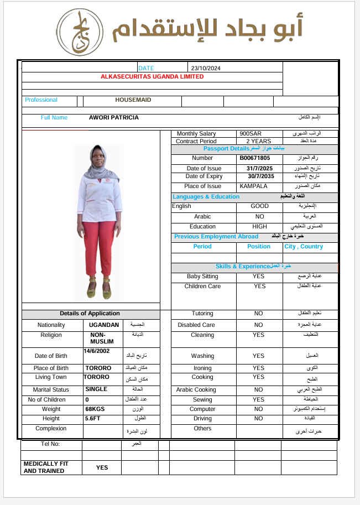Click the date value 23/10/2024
pos(205,68)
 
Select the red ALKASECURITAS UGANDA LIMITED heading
pos(152,77)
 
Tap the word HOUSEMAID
pos(133,100)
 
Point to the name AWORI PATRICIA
pos(114,118)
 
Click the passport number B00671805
pos(255,158)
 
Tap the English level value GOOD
pos(259,206)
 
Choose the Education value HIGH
pos(259,227)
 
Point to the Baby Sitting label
pos(202,277)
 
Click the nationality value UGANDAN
pos(102,325)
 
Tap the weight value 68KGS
pos(95,409)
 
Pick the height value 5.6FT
pos(93,419)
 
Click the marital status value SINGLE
pos(96,389)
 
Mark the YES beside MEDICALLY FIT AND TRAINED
pos(102,467)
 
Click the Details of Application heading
pos(90,314)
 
